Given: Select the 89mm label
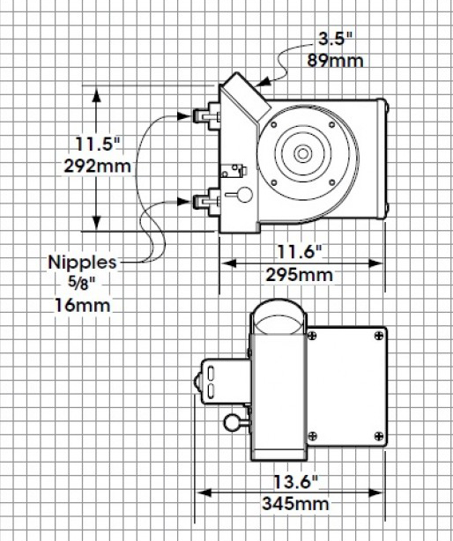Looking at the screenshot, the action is [x=335, y=61].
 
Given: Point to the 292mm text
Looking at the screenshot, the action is [x=98, y=167].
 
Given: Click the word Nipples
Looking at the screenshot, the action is [x=83, y=263].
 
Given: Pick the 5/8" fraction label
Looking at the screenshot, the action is [x=81, y=283].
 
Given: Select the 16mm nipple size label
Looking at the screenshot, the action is [x=83, y=306].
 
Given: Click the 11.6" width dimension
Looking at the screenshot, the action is [x=300, y=252].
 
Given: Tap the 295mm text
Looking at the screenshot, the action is [x=299, y=275].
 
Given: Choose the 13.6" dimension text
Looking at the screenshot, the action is [x=295, y=482].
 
